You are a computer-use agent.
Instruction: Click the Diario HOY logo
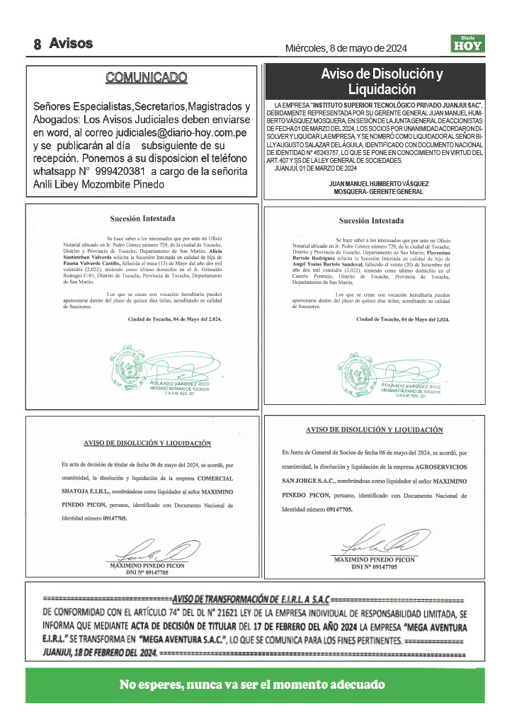(x=467, y=43)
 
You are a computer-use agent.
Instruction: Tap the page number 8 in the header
(x=37, y=45)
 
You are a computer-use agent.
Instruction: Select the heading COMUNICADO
(x=147, y=77)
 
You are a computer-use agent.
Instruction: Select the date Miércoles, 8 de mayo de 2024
(x=346, y=48)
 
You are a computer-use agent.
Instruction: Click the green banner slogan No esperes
(x=253, y=685)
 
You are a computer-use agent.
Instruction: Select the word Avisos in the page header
(x=71, y=43)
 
